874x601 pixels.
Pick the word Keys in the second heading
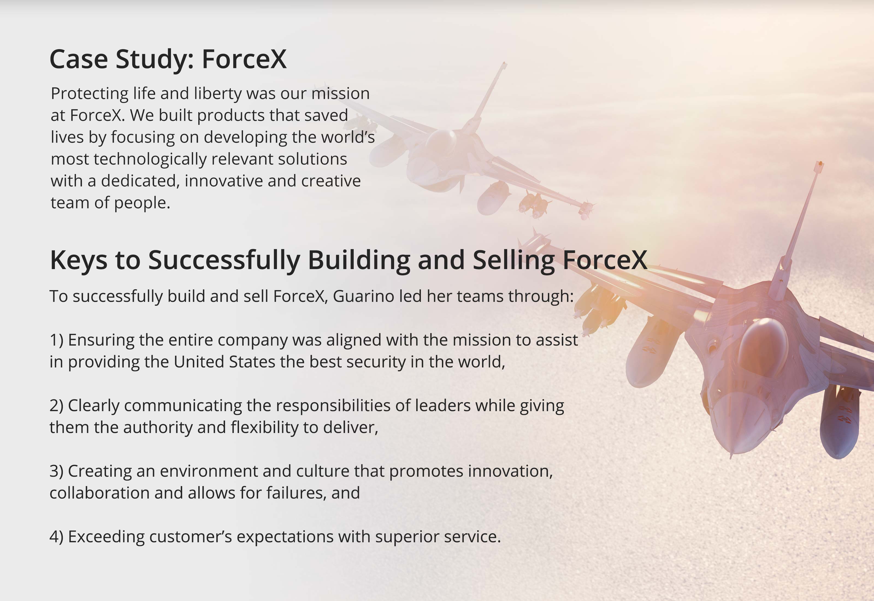(79, 260)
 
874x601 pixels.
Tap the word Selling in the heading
(513, 260)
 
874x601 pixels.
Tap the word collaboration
(99, 493)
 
